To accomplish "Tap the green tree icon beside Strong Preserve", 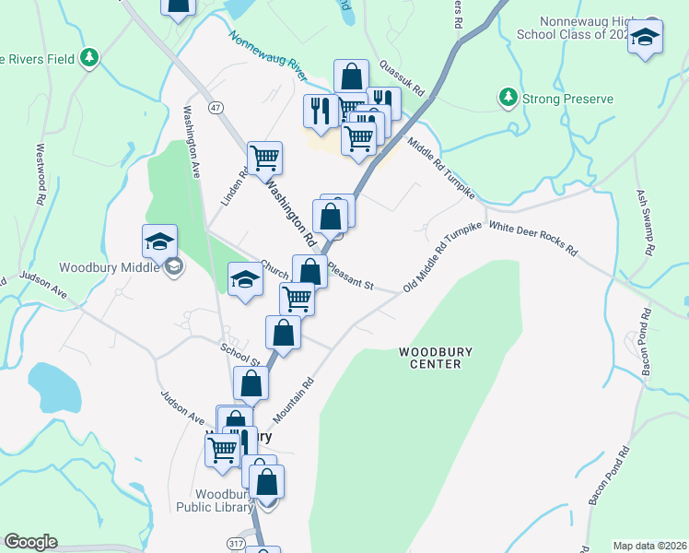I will tap(507, 96).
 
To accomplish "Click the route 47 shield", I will tap(216, 108).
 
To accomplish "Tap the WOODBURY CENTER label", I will tap(429, 358).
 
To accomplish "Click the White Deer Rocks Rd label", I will tap(533, 238).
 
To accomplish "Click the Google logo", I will tap(30, 542).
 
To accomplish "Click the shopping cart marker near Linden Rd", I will tap(264, 158).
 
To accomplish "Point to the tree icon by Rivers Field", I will tap(88, 58).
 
